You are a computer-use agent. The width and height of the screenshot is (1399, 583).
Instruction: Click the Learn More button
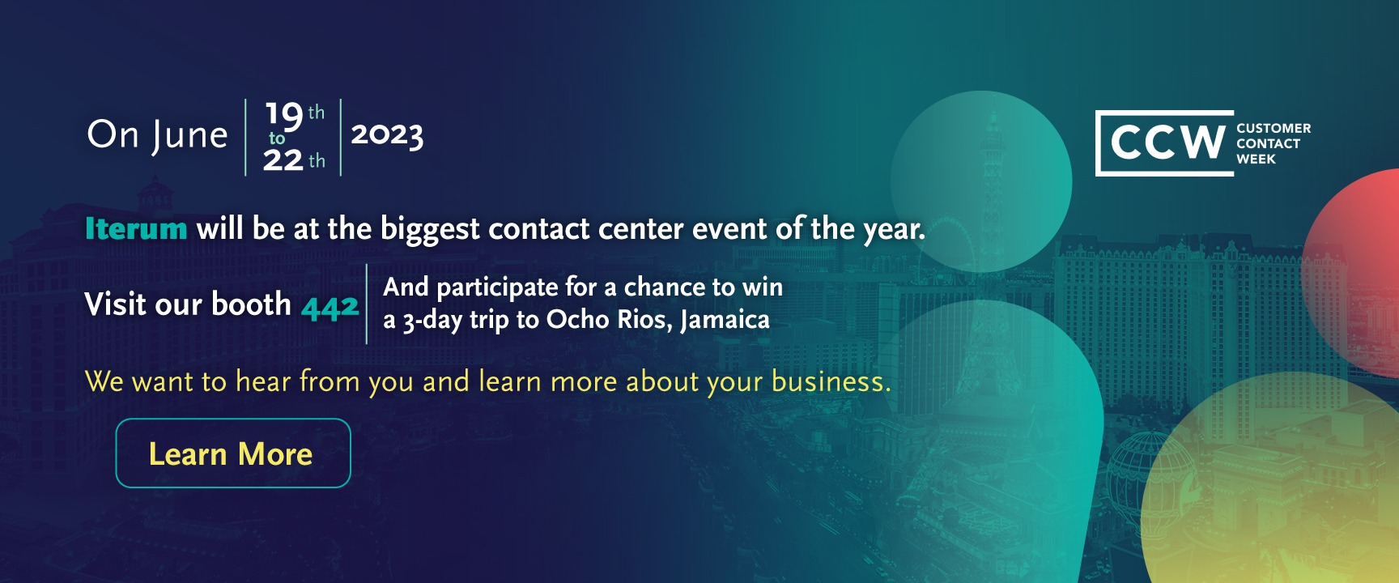(x=233, y=453)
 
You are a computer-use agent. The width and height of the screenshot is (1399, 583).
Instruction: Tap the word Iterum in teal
(x=136, y=229)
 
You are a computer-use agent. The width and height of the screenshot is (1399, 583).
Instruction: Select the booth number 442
(x=330, y=307)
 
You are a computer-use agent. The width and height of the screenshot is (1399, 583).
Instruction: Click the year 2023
(x=387, y=135)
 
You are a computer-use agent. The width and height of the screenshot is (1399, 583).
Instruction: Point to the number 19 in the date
(x=284, y=115)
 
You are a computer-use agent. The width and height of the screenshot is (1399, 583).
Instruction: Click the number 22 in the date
(x=283, y=160)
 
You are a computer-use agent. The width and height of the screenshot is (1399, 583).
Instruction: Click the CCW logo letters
(x=1167, y=143)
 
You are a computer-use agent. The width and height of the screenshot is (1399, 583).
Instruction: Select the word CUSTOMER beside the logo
(x=1274, y=128)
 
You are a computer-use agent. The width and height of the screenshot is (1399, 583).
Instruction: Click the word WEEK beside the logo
(x=1256, y=159)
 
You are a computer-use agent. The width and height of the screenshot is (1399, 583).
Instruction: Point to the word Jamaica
(x=725, y=320)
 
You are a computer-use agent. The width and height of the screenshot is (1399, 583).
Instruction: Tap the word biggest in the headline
(x=430, y=230)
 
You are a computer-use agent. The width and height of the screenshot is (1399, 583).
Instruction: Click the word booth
(x=252, y=304)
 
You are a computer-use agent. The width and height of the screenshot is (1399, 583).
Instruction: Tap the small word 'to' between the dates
(x=277, y=138)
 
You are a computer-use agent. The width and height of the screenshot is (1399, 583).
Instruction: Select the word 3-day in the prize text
(x=432, y=320)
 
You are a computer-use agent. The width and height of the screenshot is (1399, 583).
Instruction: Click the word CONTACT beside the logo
(x=1268, y=143)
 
